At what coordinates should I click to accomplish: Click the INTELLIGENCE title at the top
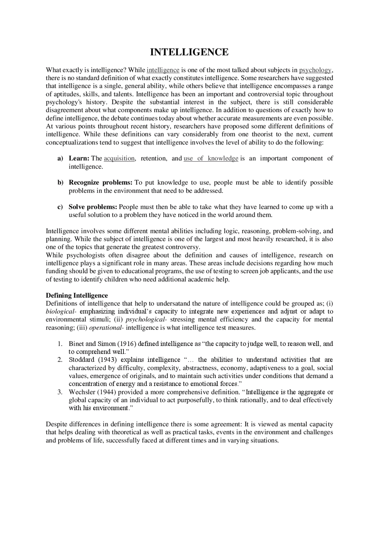point(189,52)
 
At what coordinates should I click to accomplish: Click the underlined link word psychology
point(315,70)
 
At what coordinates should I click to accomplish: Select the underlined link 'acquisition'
point(119,158)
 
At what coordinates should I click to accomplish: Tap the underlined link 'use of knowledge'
point(211,158)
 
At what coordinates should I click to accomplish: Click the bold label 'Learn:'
point(79,158)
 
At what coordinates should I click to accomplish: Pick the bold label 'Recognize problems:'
point(100,183)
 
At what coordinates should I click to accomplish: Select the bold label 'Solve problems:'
point(93,207)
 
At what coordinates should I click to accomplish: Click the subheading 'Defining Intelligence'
point(77,295)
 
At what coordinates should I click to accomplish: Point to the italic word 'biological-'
point(61,312)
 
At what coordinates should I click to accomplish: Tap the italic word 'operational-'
point(106,328)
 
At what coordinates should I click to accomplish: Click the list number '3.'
point(60,392)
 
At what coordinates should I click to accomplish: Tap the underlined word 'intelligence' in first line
point(163,70)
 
